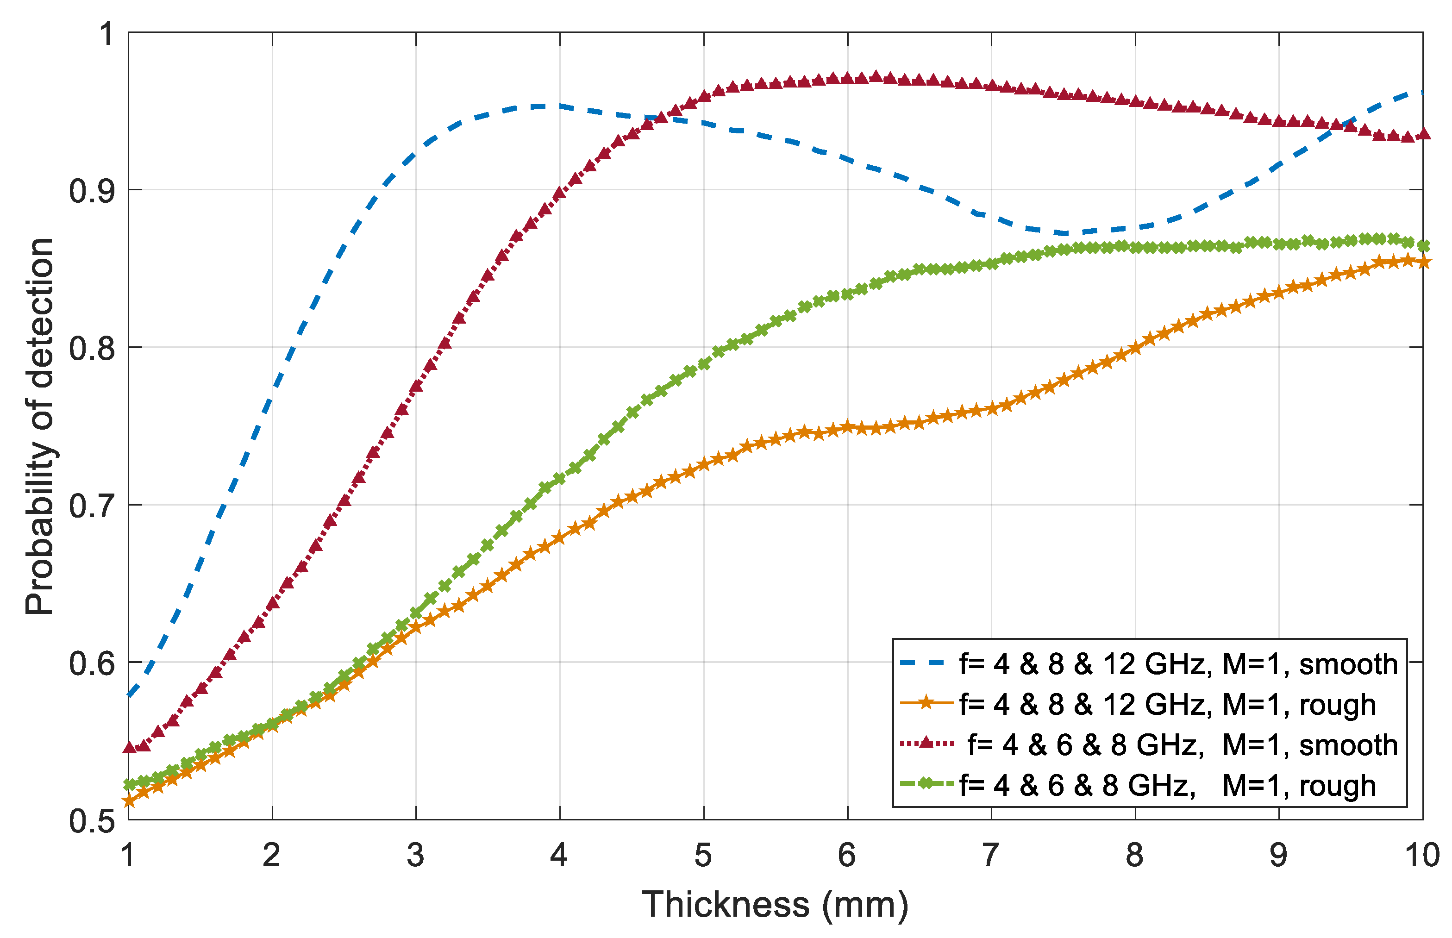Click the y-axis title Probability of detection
(x=40, y=426)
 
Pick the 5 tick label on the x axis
(x=703, y=856)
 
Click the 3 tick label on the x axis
(x=416, y=856)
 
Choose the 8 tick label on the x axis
(x=1135, y=856)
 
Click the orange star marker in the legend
(x=926, y=704)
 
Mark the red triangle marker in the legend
(x=926, y=743)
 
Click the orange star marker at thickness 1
(x=129, y=801)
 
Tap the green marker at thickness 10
(x=1423, y=246)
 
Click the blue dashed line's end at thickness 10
(x=1421, y=93)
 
